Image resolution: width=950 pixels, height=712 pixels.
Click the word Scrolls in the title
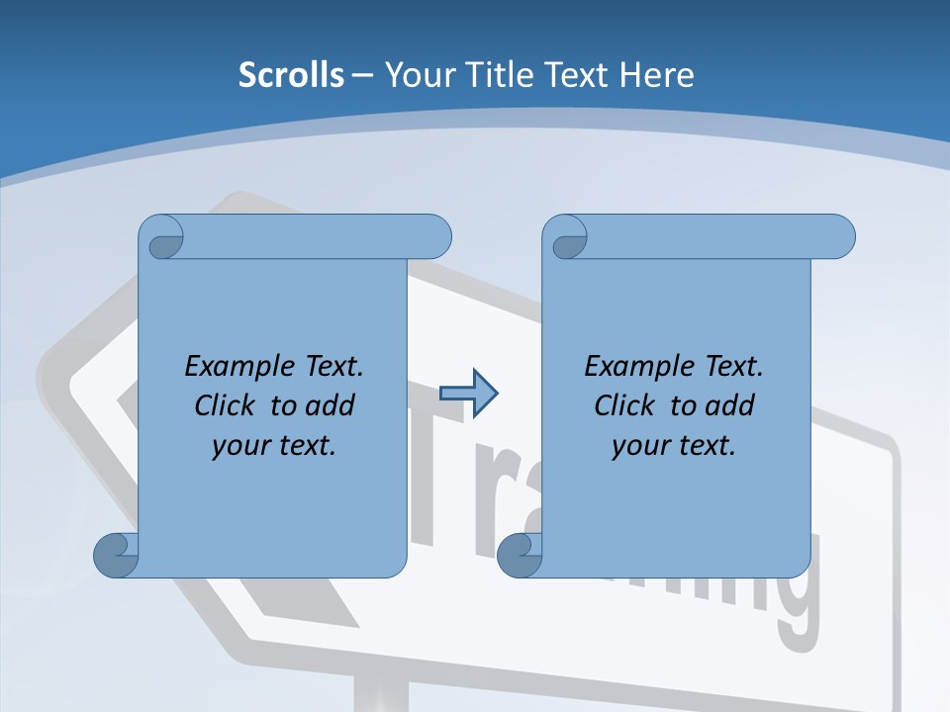pos(291,75)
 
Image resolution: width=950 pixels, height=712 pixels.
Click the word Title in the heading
pos(498,75)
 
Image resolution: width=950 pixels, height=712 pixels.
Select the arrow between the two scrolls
pos(468,394)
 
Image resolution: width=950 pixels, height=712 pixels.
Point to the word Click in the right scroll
pos(624,405)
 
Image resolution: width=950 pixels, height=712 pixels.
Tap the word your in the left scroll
pos(238,446)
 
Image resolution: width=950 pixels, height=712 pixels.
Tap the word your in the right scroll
pos(638,446)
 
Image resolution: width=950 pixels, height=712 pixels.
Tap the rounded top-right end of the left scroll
pos(435,237)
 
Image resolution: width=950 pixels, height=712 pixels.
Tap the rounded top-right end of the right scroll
pos(839,237)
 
